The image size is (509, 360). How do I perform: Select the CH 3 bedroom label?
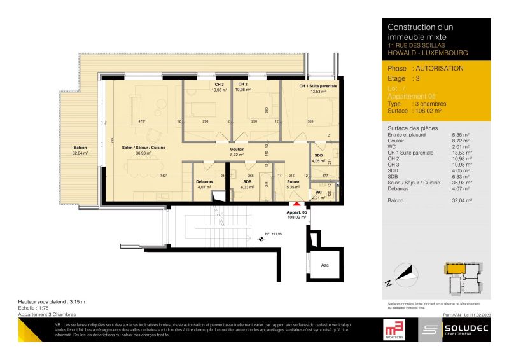219,85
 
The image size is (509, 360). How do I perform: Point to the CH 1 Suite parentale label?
317,85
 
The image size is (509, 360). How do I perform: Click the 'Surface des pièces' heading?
412,128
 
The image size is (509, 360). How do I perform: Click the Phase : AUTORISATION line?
426,68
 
